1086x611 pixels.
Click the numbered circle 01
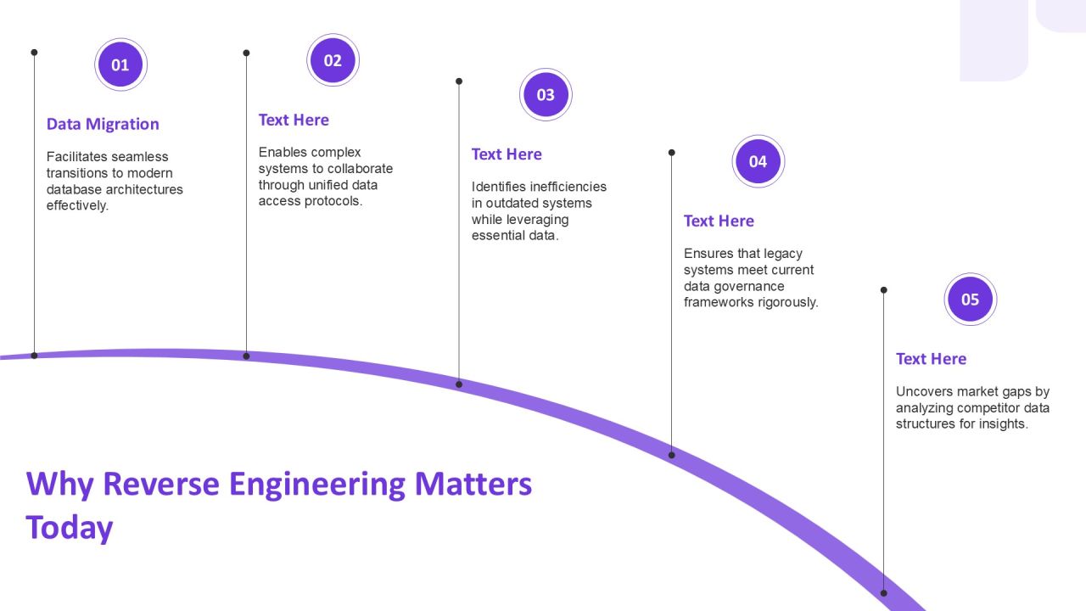point(120,64)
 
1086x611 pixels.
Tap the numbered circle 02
point(333,60)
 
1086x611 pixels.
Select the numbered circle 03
point(546,94)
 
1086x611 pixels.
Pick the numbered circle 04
point(759,161)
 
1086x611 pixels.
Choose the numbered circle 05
point(971,300)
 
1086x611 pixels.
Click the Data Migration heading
point(103,124)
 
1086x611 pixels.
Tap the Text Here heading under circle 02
point(294,120)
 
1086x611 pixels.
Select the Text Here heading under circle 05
point(932,359)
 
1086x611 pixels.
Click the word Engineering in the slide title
point(317,485)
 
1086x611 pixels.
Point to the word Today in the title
point(70,529)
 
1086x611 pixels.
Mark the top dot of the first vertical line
point(34,53)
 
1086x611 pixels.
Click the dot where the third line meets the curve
point(459,384)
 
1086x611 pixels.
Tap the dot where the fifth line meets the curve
point(884,593)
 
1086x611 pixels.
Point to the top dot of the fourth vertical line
point(671,153)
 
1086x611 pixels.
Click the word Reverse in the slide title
point(161,484)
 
